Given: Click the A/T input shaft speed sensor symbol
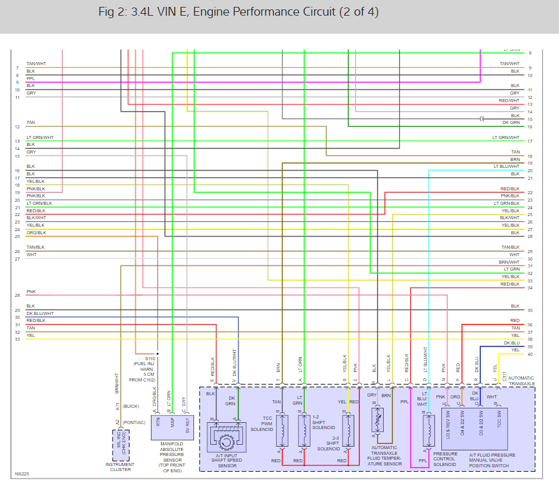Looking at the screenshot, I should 227,441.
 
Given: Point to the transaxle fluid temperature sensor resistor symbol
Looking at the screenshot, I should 377,418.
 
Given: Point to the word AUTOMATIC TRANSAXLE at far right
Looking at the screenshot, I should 521,381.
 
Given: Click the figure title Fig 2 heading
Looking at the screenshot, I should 238,13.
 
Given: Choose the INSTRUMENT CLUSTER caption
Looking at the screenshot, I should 120,467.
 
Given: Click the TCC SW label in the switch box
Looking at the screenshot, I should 498,423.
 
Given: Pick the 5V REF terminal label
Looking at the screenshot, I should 186,423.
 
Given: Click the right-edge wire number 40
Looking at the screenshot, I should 530,355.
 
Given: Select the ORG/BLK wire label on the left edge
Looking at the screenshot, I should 36,232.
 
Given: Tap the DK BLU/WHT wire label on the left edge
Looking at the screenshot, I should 40,313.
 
